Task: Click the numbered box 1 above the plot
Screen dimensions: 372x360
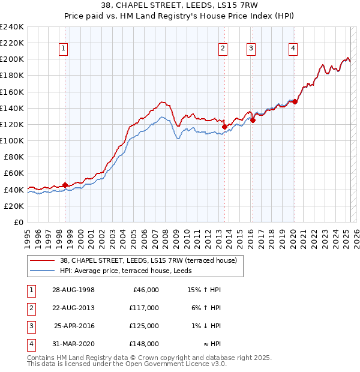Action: click(64, 49)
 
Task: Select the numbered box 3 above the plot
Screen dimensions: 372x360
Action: click(251, 49)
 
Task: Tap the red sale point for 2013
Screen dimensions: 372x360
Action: click(224, 127)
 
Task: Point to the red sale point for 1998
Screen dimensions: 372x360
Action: click(65, 184)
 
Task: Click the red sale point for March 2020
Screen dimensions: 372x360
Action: click(295, 101)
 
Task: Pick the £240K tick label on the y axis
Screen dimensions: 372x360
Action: click(12, 27)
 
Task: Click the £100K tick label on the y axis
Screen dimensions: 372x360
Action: click(12, 140)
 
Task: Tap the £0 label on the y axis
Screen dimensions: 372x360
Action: click(19, 222)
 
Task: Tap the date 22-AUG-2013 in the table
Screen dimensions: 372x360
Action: click(73, 307)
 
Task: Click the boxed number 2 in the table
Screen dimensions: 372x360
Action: click(31, 308)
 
